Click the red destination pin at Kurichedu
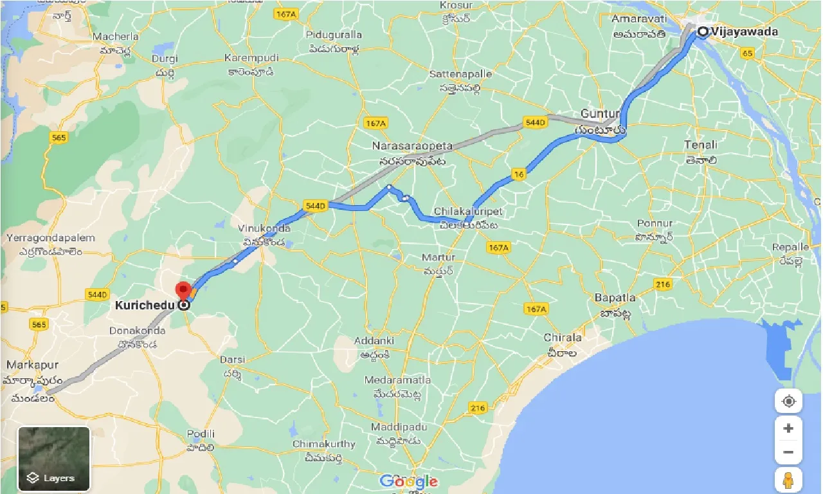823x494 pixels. tap(184, 290)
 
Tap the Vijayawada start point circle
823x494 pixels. tap(703, 32)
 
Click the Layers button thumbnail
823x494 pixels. tap(54, 459)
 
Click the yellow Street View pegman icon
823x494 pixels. tap(788, 480)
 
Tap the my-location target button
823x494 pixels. tap(788, 402)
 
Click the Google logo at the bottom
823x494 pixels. tap(408, 481)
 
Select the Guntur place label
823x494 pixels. tap(600, 114)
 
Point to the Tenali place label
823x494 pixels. tap(700, 145)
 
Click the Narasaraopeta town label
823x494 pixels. tap(411, 147)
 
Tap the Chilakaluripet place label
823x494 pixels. tap(467, 212)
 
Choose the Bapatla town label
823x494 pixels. tap(615, 298)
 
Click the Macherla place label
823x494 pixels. tap(115, 37)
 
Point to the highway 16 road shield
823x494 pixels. tap(519, 174)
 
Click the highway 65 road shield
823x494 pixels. tap(748, 54)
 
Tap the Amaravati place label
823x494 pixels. tap(638, 19)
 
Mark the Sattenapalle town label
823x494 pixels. tap(460, 74)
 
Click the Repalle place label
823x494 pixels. tap(790, 247)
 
